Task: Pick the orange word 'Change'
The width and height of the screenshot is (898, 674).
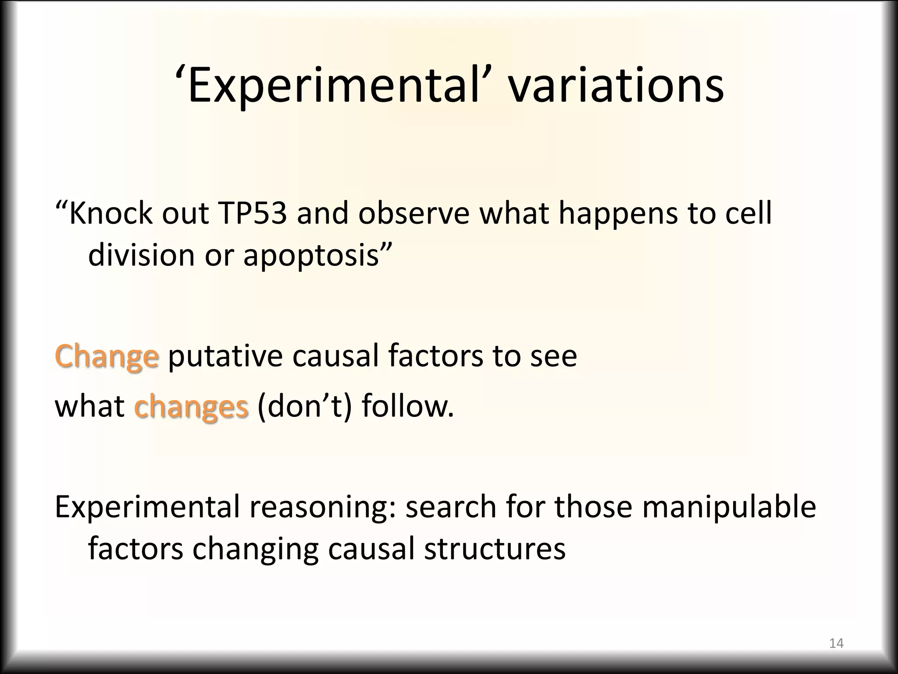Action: (107, 356)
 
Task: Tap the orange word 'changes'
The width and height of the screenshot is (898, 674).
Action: (191, 407)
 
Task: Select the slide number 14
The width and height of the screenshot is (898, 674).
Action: (836, 643)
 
